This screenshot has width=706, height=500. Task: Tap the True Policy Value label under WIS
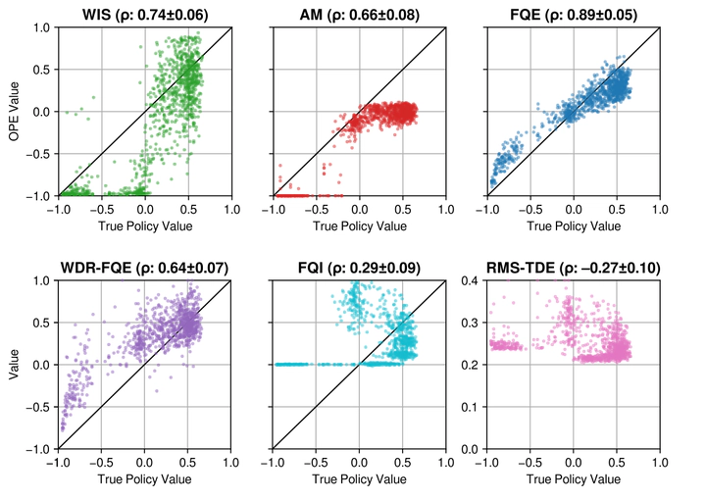coord(145,226)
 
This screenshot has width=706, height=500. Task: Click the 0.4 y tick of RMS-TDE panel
coord(472,280)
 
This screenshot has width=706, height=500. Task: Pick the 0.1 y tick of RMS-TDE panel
coord(472,407)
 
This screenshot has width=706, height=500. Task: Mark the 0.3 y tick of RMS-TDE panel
coord(472,323)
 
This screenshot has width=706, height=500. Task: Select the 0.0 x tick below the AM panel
coord(359,209)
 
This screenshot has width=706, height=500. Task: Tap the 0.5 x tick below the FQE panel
coord(617,209)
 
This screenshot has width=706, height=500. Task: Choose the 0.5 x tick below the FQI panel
coord(403,462)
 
